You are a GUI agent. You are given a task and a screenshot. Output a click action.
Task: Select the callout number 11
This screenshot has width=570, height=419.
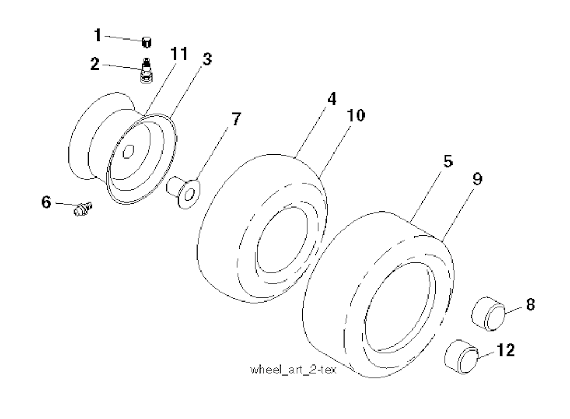point(179,55)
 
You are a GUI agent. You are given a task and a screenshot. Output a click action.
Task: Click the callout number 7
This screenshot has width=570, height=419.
point(236,119)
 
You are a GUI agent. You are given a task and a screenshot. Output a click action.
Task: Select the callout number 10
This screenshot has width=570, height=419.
point(356,116)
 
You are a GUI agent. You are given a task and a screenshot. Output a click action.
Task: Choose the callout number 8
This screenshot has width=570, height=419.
point(529,305)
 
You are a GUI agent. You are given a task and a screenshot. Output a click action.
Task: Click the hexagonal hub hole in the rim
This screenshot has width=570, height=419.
point(129,150)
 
